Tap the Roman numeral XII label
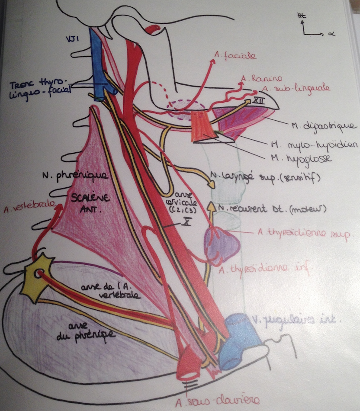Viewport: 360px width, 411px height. point(258,100)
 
